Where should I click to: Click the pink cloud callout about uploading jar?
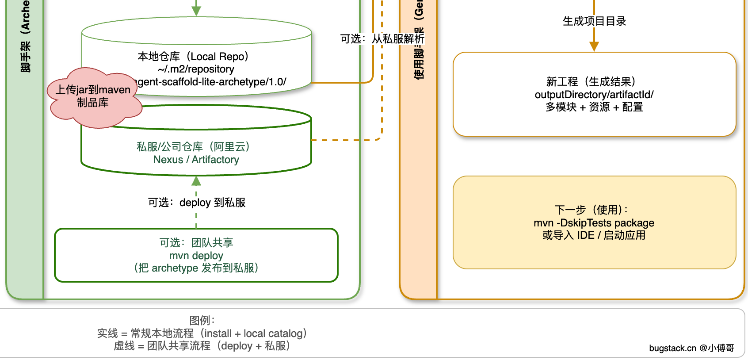tap(93, 97)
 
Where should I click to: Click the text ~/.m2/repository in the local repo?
tap(196, 69)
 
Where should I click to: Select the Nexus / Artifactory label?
tap(196, 160)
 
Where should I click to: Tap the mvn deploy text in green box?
tap(196, 256)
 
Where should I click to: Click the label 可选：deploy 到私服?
tap(197, 203)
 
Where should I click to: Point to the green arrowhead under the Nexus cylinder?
tap(196, 181)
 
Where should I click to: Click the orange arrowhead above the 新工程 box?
tap(594, 46)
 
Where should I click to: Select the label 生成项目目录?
tap(594, 21)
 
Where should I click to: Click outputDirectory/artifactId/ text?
tap(594, 95)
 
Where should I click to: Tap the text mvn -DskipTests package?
tap(594, 223)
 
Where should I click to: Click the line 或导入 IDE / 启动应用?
tap(594, 235)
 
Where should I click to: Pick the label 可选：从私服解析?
tap(382, 39)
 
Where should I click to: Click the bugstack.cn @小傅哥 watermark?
tap(691, 348)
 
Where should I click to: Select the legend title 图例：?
tap(202, 320)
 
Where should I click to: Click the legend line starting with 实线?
tap(202, 333)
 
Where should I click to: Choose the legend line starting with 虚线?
tap(202, 346)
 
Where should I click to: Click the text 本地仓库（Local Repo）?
tap(193, 57)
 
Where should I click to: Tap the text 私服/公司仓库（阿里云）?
tap(193, 147)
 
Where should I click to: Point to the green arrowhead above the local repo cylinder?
tap(196, 11)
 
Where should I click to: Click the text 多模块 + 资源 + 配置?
tap(594, 107)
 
